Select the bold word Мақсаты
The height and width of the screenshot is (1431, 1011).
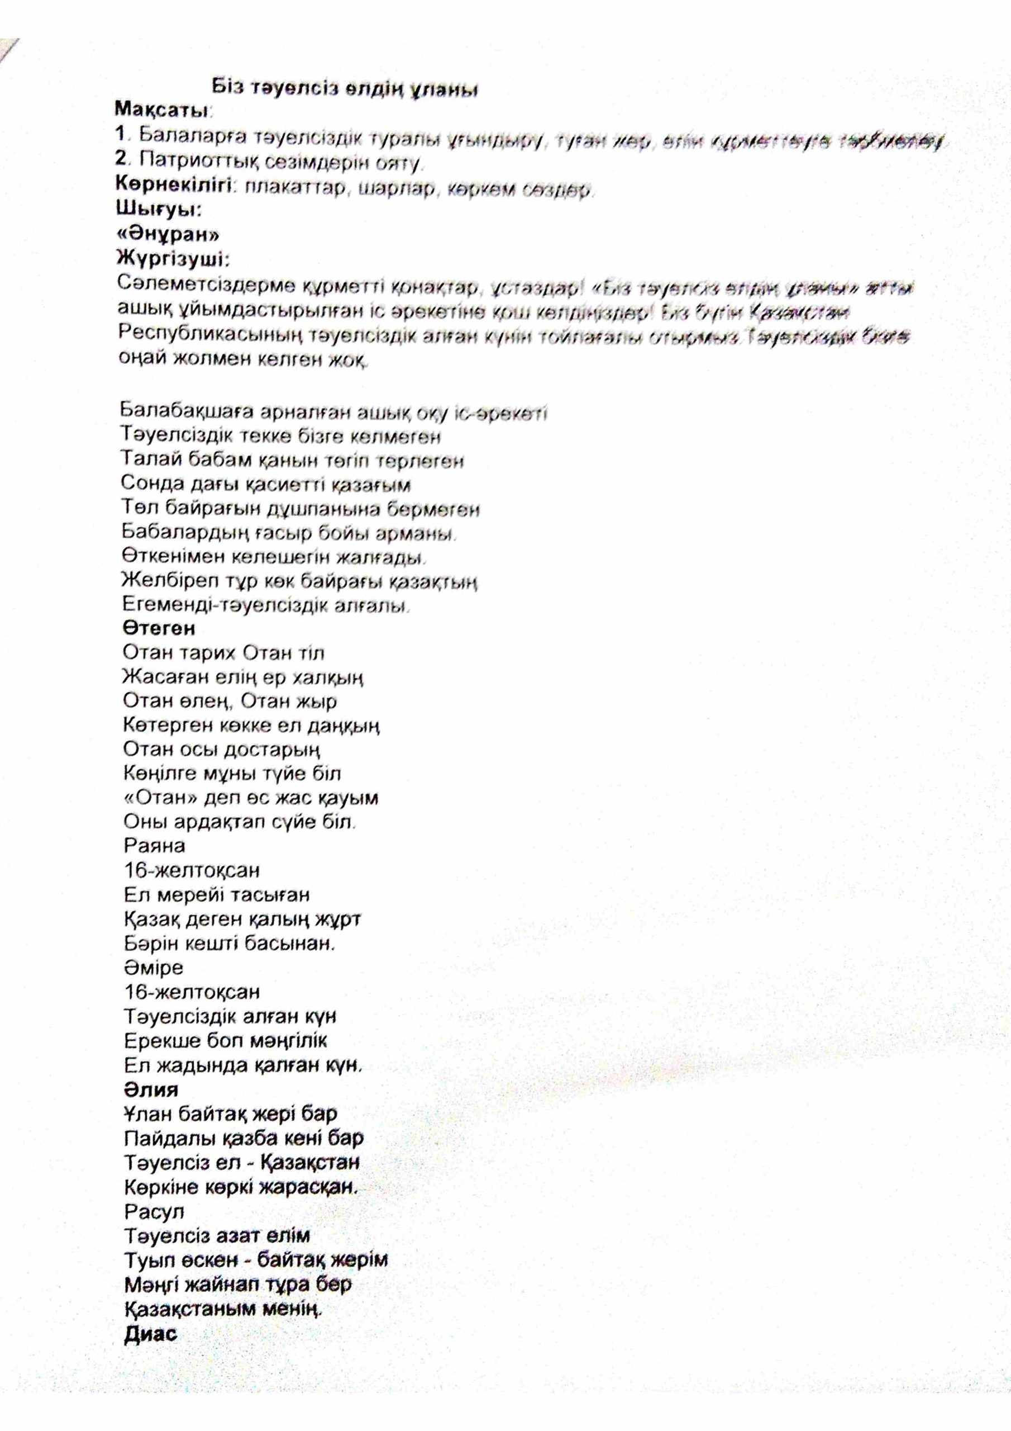tap(161, 110)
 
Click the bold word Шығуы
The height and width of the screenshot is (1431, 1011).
tap(158, 210)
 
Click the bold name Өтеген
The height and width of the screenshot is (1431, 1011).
tap(159, 628)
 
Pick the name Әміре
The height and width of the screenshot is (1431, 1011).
tap(153, 968)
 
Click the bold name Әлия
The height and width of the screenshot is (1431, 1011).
tap(151, 1089)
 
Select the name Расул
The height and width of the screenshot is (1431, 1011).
tap(154, 1212)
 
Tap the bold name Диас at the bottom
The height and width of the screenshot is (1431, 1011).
tap(151, 1334)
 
